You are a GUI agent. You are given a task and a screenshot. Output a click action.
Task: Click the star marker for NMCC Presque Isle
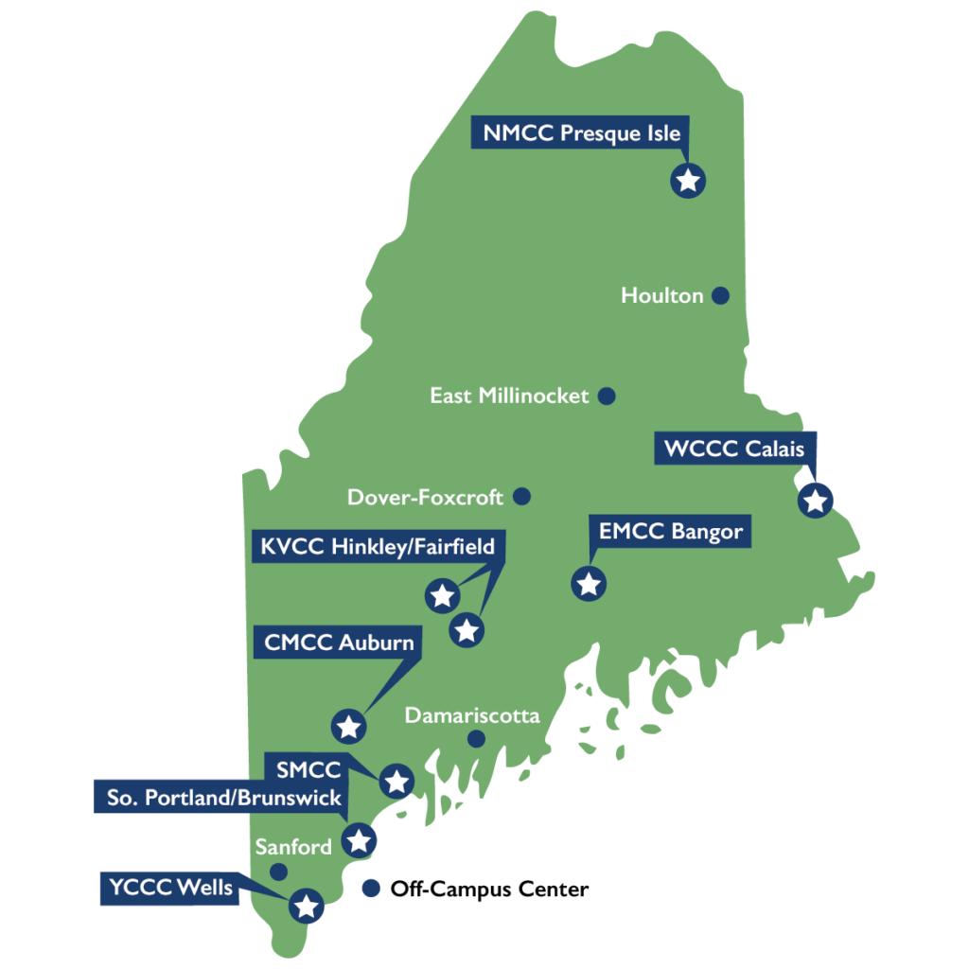688,180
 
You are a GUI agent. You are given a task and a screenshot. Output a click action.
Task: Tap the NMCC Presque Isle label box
580,133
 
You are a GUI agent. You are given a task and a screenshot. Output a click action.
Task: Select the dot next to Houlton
720,295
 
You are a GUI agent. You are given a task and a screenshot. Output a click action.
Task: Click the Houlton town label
662,295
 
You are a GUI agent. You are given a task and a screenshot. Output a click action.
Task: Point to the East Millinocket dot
607,396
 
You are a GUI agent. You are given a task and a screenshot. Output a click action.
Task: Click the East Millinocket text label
509,396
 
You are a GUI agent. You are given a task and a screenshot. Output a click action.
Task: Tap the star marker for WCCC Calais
815,499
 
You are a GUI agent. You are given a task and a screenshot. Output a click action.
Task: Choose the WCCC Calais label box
734,448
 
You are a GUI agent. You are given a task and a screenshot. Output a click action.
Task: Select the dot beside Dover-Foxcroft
521,496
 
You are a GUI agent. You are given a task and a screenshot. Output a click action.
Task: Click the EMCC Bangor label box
670,531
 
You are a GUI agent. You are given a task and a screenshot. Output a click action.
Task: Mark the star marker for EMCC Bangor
589,583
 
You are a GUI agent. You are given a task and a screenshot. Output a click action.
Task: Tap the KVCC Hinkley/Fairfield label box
378,547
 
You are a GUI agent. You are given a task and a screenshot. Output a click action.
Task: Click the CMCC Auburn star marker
348,726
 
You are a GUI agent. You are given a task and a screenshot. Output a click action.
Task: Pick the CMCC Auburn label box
339,643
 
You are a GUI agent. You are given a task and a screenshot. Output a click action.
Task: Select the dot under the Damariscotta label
476,738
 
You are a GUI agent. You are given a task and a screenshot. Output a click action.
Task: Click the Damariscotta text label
472,715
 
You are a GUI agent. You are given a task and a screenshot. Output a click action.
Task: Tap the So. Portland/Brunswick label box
223,798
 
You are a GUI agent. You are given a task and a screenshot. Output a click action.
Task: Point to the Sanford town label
293,847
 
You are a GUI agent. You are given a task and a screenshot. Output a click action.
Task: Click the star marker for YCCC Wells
306,906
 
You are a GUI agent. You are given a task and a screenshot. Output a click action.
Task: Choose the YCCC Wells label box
170,888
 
